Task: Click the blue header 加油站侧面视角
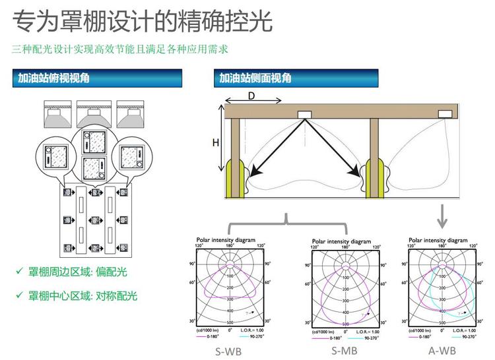pos(255,78)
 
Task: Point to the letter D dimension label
pos(251,96)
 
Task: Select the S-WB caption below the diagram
pos(228,351)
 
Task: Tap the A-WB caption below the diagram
pos(442,350)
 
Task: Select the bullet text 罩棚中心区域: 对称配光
pos(83,295)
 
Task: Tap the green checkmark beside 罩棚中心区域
pos(19,295)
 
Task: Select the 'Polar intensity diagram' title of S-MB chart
pos(344,242)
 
